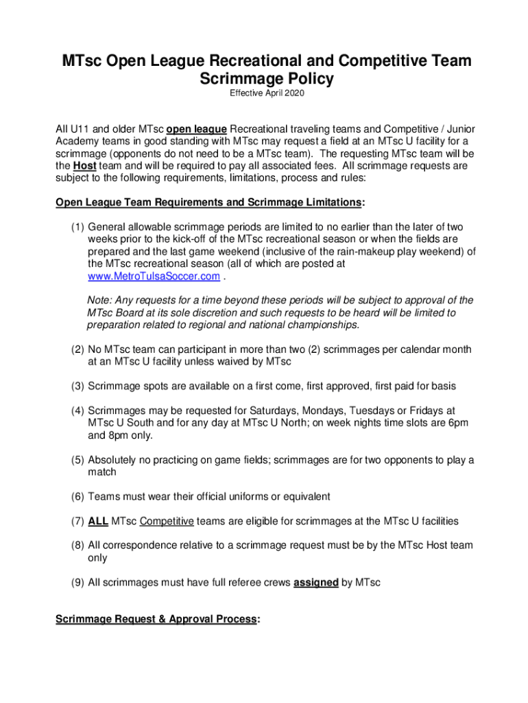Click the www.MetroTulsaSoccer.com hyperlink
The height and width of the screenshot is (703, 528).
[x=154, y=276]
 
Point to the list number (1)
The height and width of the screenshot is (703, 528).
[x=77, y=227]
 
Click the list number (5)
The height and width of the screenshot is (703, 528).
[x=77, y=460]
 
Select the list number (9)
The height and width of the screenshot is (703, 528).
[x=77, y=582]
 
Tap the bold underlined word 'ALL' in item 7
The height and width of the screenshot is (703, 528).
[x=97, y=521]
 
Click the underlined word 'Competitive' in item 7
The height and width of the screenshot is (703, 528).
[x=167, y=521]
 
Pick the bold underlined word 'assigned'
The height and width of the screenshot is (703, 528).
[x=315, y=582]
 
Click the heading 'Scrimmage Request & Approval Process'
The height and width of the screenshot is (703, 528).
[x=156, y=619]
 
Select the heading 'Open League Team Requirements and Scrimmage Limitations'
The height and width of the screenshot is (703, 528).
[x=208, y=203]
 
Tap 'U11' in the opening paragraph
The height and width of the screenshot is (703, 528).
[x=79, y=129]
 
